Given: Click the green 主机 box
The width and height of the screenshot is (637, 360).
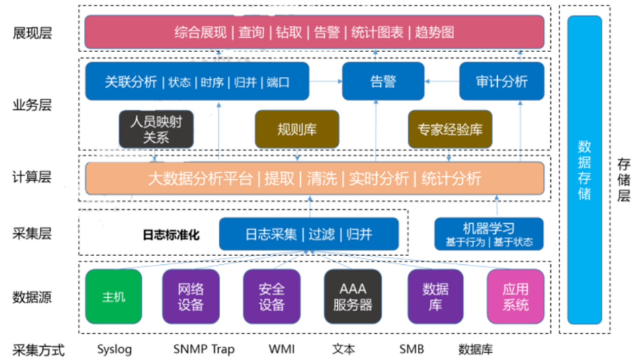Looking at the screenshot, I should (113, 296).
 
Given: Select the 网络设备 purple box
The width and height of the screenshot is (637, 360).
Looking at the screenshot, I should (191, 296).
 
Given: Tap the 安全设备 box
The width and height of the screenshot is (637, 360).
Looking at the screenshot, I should (271, 296).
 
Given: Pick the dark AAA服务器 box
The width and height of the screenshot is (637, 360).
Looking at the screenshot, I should (352, 296).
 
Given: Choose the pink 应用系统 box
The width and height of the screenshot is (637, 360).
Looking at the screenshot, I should (515, 296).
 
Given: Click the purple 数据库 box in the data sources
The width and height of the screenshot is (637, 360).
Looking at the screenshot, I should (435, 296).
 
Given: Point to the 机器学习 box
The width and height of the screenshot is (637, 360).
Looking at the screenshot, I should (489, 234).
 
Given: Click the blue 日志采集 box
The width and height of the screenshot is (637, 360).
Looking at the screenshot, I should (308, 234).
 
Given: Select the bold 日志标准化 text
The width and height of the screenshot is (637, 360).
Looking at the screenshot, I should (171, 235).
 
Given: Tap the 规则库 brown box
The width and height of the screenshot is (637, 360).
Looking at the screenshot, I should (297, 129).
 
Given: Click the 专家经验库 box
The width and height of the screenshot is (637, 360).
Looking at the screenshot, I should (450, 129).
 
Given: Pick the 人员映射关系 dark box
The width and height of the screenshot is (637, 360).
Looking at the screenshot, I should (156, 129).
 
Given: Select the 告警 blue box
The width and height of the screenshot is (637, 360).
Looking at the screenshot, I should (383, 81).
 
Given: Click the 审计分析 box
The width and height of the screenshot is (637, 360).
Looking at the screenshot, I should (501, 81).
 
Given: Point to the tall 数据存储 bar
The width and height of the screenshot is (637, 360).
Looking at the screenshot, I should (584, 170).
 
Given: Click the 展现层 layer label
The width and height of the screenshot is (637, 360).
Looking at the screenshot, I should (32, 33).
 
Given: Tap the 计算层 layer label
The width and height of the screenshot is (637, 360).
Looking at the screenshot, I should (32, 177).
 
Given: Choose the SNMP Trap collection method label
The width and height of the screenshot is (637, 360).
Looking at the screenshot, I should (204, 349).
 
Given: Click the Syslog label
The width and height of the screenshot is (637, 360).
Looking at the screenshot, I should (114, 349).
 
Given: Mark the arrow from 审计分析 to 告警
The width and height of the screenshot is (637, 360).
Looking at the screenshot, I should (442, 81).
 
